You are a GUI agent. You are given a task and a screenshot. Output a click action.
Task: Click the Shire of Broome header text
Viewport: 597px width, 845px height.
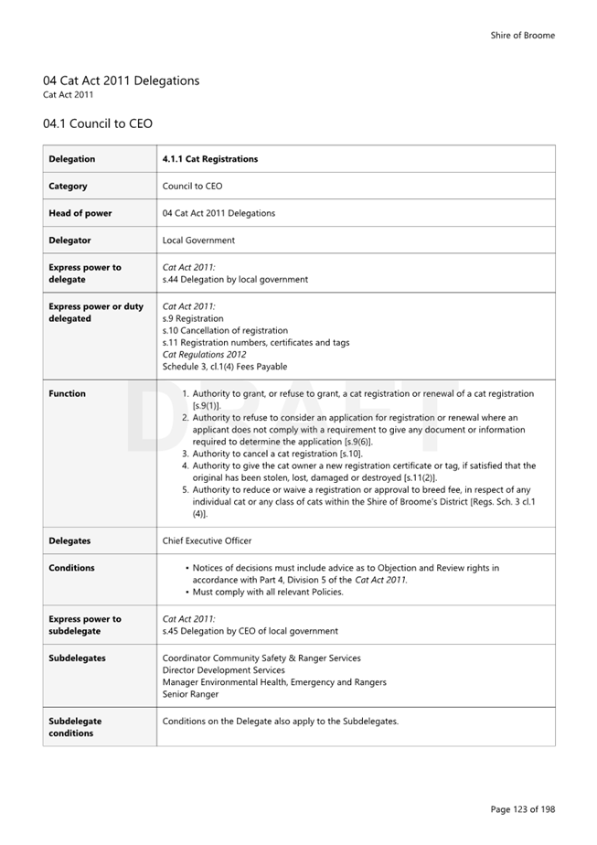[x=522, y=36]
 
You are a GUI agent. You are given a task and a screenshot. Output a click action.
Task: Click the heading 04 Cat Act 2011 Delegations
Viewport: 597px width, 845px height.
[x=121, y=80]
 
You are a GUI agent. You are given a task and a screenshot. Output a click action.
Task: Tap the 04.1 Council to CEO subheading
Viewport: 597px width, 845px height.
[x=97, y=123]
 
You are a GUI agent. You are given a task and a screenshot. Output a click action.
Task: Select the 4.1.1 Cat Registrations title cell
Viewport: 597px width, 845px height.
[x=209, y=159]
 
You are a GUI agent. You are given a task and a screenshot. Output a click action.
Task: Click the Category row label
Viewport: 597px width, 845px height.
[x=69, y=187]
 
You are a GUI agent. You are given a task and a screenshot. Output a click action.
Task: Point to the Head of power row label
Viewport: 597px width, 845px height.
[x=80, y=213]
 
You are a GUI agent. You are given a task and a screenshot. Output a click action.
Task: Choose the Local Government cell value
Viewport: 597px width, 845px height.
[x=198, y=241]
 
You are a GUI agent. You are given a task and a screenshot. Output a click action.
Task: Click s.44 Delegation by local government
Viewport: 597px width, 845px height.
[x=235, y=280]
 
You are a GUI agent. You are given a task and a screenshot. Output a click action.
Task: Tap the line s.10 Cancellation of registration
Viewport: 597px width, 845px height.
[x=225, y=331]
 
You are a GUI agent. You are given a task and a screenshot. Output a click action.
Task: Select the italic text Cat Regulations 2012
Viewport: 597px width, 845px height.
[x=205, y=355]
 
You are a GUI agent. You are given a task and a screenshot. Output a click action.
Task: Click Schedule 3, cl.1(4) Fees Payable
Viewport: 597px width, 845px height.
[x=225, y=367]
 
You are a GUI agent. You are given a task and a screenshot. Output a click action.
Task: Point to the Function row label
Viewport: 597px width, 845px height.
[x=67, y=394]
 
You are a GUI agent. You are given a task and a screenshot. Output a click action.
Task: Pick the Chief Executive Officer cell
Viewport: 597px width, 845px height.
[x=207, y=541]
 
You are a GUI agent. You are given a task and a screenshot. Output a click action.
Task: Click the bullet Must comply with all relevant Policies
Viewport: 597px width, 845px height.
[x=267, y=593]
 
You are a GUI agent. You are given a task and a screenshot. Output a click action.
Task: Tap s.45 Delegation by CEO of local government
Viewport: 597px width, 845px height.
[x=250, y=631]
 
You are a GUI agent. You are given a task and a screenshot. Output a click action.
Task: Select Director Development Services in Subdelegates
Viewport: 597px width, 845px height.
[x=223, y=670]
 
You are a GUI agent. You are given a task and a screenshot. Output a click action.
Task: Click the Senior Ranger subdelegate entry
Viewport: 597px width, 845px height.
[x=190, y=694]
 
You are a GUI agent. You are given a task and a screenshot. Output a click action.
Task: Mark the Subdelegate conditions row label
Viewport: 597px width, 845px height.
[x=75, y=727]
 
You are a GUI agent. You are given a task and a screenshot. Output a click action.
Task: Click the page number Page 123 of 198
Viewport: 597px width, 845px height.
[x=522, y=809]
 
